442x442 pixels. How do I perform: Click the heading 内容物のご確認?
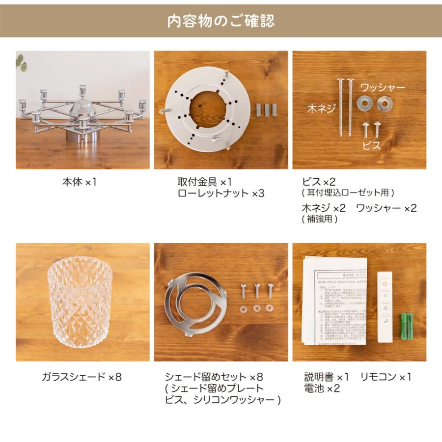tap(221, 21)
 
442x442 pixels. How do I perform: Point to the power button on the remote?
tap(385, 283)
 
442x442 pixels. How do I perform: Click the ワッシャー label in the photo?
tap(383, 87)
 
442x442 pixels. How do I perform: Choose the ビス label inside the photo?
tap(371, 145)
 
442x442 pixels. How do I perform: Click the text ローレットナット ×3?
tap(221, 193)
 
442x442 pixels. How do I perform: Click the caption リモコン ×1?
tap(386, 377)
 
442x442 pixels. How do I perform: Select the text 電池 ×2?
tap(322, 388)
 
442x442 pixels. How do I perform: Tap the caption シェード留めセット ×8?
tap(215, 377)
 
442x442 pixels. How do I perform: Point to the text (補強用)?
tap(320, 220)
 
